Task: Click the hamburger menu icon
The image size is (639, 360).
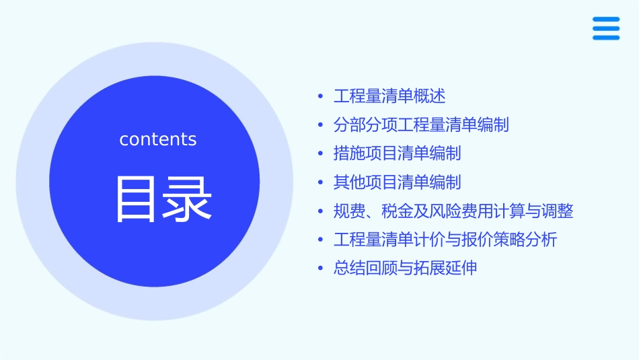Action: (x=606, y=28)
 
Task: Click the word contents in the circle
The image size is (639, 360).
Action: (x=158, y=139)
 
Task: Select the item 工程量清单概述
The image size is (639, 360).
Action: (x=389, y=96)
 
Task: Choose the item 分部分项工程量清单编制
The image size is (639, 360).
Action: (x=421, y=125)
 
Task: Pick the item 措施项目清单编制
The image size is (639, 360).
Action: (x=397, y=153)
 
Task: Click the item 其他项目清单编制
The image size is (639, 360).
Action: (x=397, y=182)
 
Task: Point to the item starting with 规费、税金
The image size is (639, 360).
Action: (x=453, y=211)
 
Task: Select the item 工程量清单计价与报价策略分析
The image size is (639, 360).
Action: (x=445, y=240)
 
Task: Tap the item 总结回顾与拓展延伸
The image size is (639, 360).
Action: (x=406, y=268)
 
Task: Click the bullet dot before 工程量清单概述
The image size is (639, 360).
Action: (x=321, y=96)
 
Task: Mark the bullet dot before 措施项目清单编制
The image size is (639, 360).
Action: (x=321, y=153)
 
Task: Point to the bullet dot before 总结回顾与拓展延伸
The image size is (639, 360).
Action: (x=321, y=268)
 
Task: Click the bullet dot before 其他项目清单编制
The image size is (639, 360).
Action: (x=321, y=182)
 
